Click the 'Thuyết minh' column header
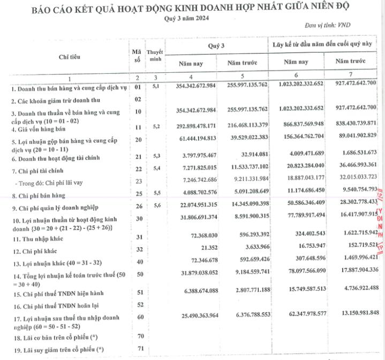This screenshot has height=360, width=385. point(155,55)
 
